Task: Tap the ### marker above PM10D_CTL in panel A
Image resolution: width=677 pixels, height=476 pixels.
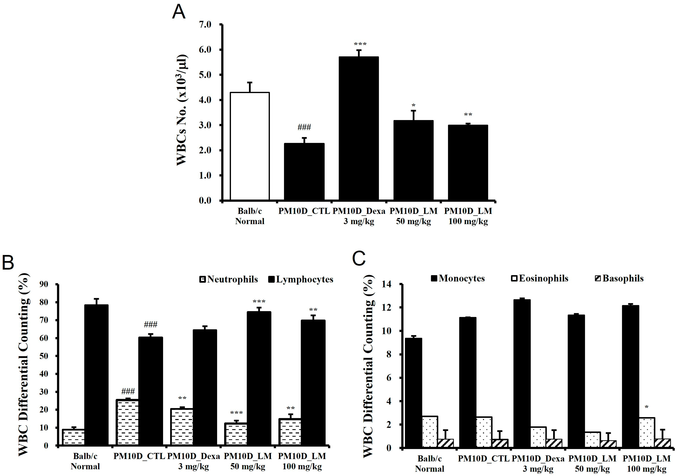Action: tap(304, 127)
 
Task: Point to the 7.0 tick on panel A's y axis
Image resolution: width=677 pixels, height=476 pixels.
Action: tap(205, 25)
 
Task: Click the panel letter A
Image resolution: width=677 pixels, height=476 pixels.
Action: tap(179, 12)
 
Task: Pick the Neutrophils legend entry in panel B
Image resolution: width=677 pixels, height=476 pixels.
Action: tap(229, 279)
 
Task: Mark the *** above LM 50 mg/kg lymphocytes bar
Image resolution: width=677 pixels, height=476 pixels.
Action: tap(259, 301)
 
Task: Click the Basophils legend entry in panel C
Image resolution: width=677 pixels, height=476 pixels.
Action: tap(619, 278)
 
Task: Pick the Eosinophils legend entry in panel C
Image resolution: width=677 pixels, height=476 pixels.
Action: tap(540, 278)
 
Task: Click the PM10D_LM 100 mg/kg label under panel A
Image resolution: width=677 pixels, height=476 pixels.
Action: tap(468, 216)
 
